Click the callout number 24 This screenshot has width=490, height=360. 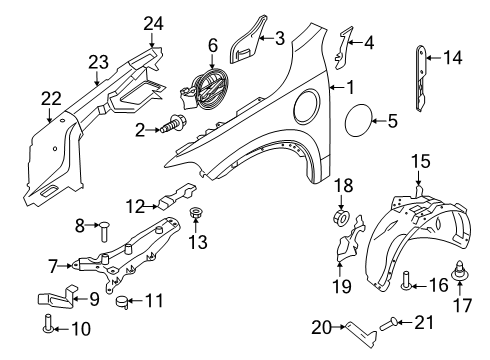click(x=154, y=24)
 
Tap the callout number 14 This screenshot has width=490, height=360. click(x=453, y=58)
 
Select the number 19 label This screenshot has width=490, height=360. click(x=342, y=286)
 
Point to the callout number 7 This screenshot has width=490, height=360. click(x=53, y=267)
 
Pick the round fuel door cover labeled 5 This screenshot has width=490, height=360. click(x=359, y=119)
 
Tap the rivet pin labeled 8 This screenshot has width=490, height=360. click(x=103, y=231)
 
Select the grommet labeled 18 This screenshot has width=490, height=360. click(x=342, y=218)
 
